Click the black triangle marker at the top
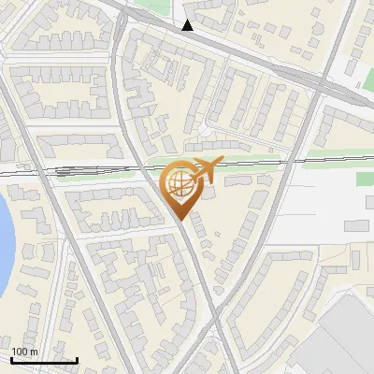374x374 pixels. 188,25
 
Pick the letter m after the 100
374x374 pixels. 34,352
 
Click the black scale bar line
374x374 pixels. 44,360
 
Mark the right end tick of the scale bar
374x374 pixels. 77,359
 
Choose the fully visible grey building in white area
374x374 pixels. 355,225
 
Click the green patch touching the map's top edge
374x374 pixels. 150,5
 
